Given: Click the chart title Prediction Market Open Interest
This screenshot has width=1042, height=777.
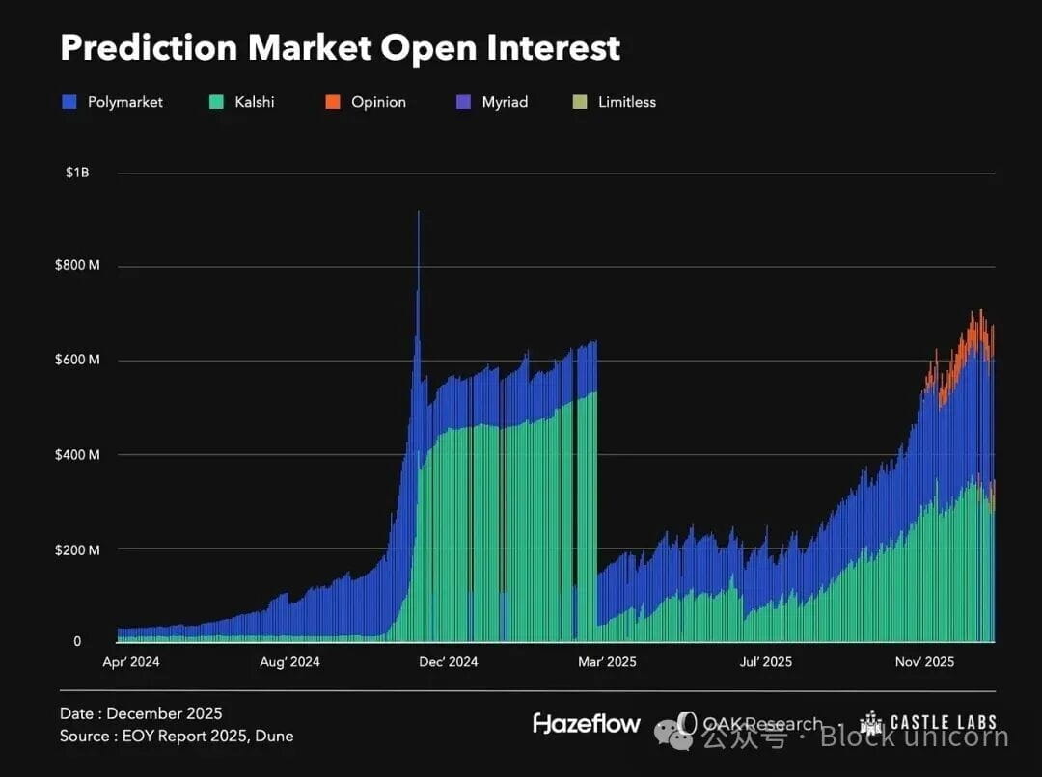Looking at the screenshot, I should coord(340,48).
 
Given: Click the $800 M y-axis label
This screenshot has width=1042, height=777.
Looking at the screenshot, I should coord(77,267).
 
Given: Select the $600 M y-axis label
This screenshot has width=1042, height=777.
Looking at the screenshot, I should coord(77,361).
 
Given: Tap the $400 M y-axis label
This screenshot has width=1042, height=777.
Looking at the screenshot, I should coord(77,455).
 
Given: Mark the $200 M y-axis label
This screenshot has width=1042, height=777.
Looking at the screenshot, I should coord(77,549).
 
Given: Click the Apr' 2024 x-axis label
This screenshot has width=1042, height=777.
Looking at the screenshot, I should coord(131,662).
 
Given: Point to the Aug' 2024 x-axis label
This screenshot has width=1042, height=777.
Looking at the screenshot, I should coord(290,662).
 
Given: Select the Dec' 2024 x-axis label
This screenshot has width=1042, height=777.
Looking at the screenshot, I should coord(449,662).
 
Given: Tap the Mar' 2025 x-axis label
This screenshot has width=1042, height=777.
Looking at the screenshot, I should coord(607,662).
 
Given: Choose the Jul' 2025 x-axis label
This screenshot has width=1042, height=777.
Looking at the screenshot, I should coord(765,662).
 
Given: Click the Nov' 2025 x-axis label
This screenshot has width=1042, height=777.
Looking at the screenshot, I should coord(924,662).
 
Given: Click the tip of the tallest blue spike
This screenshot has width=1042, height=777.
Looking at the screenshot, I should coord(418,212).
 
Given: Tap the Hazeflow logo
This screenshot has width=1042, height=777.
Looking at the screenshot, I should coord(587,723).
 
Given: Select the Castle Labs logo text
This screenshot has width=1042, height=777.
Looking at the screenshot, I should coord(944,723).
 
